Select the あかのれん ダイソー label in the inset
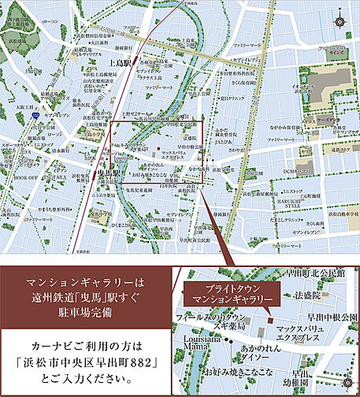[264, 352]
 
